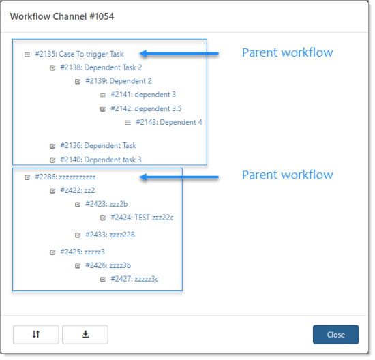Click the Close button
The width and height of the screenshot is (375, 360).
point(335,334)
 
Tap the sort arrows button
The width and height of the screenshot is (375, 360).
point(36,334)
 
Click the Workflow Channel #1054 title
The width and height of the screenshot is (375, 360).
point(62,16)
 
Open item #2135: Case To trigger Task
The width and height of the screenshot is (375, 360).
point(79,54)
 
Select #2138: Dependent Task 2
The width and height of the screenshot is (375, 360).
point(101,67)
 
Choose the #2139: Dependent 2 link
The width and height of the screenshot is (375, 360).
point(119,81)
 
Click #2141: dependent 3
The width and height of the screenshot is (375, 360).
point(143,95)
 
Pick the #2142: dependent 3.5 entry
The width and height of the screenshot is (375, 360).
point(146,108)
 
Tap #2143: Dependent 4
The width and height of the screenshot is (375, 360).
point(169,122)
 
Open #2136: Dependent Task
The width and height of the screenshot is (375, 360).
point(98,146)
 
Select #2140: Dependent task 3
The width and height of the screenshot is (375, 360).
point(101,160)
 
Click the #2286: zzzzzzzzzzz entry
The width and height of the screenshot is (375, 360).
point(65,177)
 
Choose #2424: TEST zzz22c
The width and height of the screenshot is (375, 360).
point(142,217)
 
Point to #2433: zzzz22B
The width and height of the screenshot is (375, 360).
point(110,235)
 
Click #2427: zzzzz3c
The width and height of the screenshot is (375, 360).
point(134,279)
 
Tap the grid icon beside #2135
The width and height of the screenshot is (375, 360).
point(27,55)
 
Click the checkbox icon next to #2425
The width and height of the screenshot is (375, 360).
point(52,252)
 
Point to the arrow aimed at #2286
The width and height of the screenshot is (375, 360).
point(179,177)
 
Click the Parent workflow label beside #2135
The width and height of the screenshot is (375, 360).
point(287,52)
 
